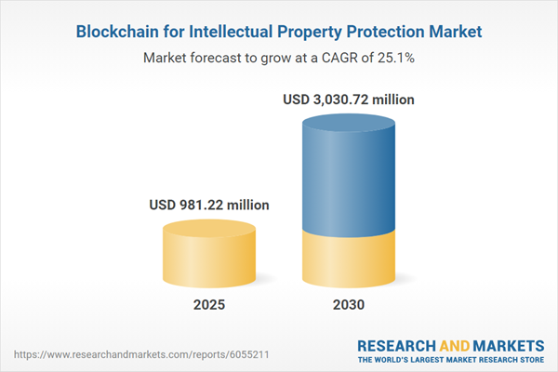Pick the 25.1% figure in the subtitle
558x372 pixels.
(396, 58)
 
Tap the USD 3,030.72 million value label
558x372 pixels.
(349, 99)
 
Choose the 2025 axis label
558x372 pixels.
(209, 304)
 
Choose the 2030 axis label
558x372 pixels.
(349, 304)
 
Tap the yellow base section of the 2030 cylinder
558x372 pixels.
(349, 260)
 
